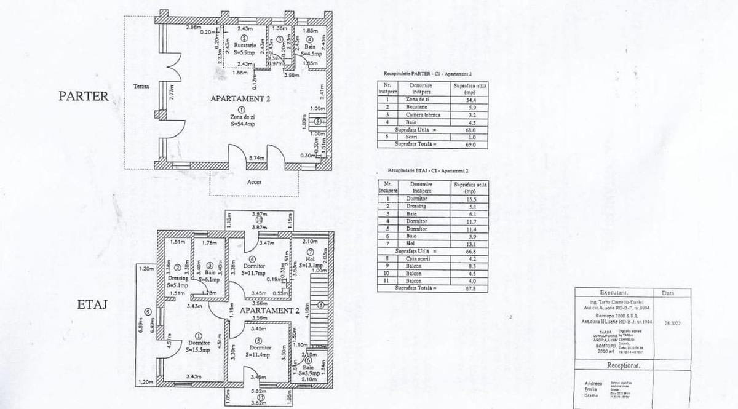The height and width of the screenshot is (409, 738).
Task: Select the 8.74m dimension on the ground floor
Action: click(256, 158)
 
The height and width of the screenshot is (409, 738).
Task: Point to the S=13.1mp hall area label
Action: click(311, 266)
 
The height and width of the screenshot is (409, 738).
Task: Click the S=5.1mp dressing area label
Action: click(177, 285)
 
